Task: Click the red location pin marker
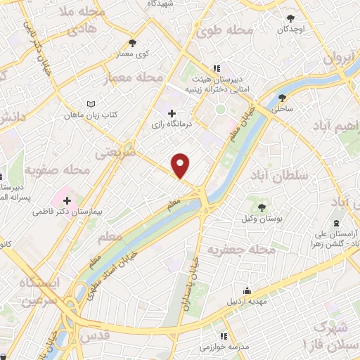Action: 181,165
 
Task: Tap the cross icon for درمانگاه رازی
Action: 171,113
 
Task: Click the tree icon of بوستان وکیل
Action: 262,207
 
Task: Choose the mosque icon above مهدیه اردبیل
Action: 247,290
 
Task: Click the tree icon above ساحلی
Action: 283,98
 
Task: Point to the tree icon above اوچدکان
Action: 291,18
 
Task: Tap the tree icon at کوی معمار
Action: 133,43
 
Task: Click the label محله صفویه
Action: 57,169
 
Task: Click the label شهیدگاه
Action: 162,4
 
